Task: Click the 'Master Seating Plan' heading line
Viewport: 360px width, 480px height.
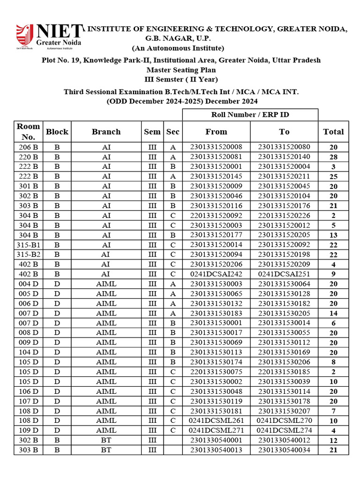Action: coord(180,70)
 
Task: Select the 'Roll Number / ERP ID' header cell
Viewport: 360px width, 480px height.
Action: coord(250,115)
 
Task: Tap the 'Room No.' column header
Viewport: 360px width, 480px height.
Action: coord(28,132)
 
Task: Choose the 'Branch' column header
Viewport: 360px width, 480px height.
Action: coord(106,132)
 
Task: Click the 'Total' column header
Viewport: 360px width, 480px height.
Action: coord(333,132)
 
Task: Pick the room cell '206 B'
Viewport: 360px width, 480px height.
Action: coord(28,147)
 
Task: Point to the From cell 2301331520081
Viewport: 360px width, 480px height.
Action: coord(216,157)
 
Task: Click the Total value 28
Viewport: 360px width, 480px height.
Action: coord(333,157)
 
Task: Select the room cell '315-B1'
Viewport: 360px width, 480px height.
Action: coord(28,245)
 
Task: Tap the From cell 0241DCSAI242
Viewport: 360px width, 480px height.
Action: coord(216,274)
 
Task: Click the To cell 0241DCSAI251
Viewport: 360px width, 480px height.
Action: coord(284,274)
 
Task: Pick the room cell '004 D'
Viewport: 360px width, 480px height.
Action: coord(28,284)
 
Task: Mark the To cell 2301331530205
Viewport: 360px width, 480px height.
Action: coord(284,313)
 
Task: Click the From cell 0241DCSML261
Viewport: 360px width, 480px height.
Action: coord(216,420)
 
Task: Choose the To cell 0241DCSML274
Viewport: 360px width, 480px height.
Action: coord(284,430)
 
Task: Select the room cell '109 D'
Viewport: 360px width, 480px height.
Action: coord(28,430)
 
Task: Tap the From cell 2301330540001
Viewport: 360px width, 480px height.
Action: coord(216,440)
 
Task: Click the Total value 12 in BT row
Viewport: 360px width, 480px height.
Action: coord(333,440)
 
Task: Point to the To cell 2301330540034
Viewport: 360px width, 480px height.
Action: coord(284,450)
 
